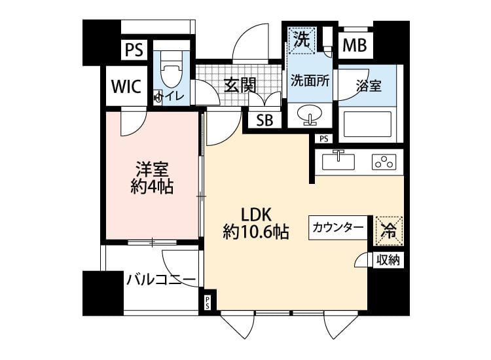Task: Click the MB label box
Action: point(355,46)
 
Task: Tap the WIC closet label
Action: point(126,87)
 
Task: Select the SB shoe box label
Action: point(264,120)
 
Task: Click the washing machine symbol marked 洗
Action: point(301,39)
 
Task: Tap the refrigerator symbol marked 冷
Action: point(388,230)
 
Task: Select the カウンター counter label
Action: point(338,228)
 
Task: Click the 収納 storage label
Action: point(388,260)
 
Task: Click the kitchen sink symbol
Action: point(338,160)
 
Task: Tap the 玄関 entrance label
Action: point(239,85)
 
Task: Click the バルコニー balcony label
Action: point(161,280)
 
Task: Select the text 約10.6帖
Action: point(257,231)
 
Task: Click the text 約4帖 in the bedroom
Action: point(152,187)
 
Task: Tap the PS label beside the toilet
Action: point(136,50)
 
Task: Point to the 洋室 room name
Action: point(152,168)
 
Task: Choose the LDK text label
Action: point(257,213)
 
